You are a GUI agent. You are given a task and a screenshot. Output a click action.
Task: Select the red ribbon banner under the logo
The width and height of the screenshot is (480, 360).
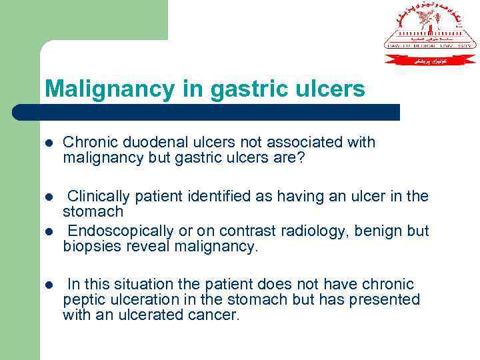tap(431, 60)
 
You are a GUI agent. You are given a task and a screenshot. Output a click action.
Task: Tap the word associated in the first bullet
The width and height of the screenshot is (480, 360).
tap(307, 143)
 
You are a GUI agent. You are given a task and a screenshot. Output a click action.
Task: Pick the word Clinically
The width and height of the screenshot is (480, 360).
tap(99, 197)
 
